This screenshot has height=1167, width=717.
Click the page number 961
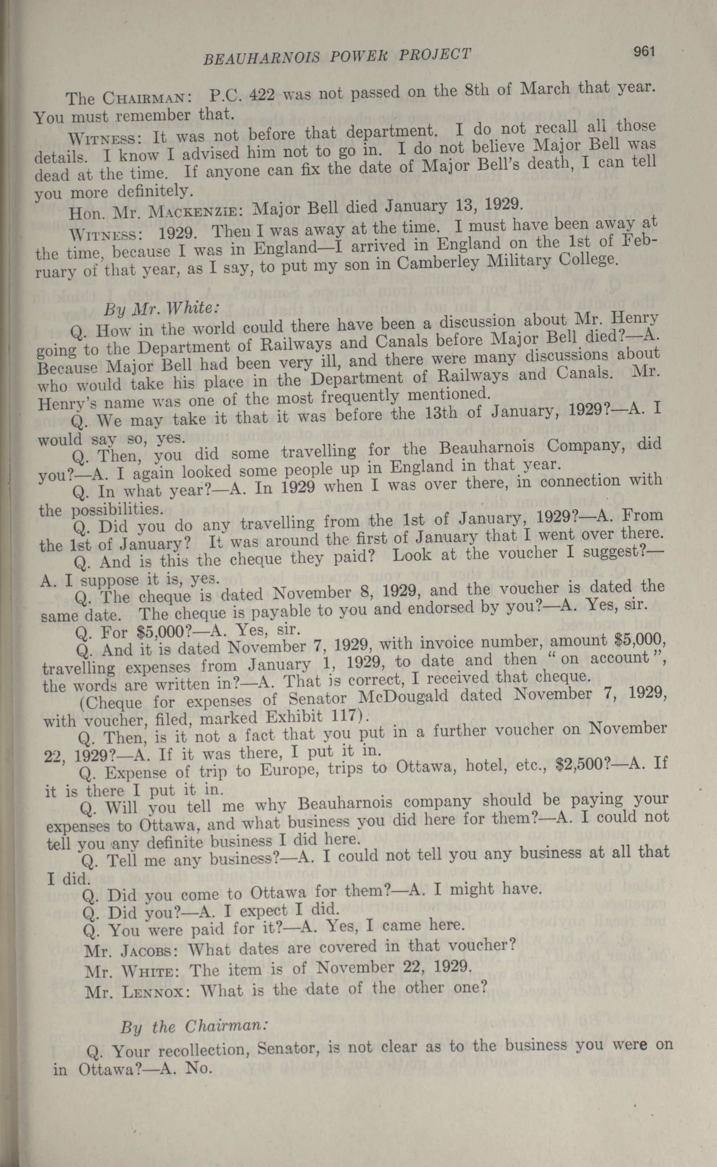pos(644,52)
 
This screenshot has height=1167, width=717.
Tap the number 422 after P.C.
pos(262,95)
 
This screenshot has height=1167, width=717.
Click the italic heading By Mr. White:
pos(161,309)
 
